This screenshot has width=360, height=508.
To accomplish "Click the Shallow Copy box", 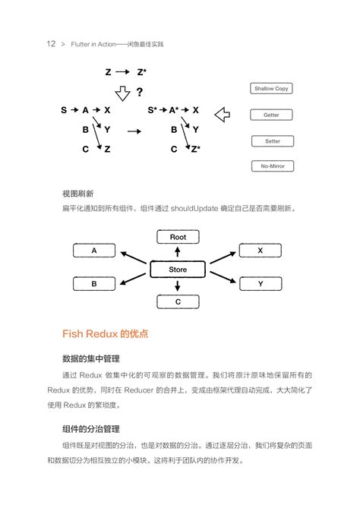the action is point(271,89).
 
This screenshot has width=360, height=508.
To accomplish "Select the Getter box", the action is point(271,115).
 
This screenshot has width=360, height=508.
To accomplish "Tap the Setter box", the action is point(271,140).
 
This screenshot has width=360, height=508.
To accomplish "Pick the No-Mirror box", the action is point(271,166).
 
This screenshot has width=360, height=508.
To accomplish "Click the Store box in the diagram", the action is point(177,270).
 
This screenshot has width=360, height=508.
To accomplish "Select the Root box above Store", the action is point(178,237).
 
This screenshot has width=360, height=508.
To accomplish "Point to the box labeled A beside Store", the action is point(94,250).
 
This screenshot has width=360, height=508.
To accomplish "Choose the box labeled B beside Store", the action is point(94,283).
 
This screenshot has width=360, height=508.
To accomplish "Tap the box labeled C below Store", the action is point(178,301).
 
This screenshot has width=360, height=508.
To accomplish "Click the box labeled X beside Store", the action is point(261,250).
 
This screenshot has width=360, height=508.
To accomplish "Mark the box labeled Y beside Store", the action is point(261,283).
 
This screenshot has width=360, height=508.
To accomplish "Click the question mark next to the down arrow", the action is point(139,93).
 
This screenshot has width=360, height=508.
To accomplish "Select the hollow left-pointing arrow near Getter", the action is point(223,115).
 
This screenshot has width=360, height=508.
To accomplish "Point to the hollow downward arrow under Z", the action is point(122,93).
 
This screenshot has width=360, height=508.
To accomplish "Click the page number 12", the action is point(50,44).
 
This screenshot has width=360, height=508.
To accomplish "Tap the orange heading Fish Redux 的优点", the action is point(105,333).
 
